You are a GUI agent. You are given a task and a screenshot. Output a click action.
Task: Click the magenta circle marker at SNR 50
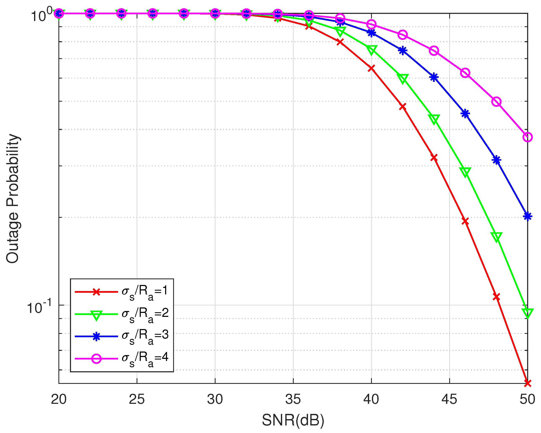click(x=528, y=137)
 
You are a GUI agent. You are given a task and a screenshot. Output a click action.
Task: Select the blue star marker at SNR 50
click(x=528, y=216)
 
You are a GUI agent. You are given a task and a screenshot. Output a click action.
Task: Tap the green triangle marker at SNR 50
click(x=528, y=313)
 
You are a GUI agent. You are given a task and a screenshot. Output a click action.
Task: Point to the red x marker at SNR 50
click(x=528, y=383)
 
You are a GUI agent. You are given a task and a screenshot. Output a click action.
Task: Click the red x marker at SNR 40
click(x=371, y=68)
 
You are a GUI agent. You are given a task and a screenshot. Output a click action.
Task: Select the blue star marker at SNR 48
click(x=496, y=160)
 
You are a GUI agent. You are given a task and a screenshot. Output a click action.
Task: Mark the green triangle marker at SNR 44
click(x=434, y=119)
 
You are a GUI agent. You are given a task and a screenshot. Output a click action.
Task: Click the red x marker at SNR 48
click(x=496, y=297)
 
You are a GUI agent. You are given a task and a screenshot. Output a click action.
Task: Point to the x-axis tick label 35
click(x=293, y=399)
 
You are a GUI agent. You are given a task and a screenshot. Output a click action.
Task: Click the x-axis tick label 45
click(x=449, y=399)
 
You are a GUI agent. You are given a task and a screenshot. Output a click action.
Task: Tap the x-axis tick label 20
click(x=59, y=399)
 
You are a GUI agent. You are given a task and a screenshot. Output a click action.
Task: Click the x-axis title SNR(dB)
click(x=293, y=420)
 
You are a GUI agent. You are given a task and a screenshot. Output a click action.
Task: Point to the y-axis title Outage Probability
click(x=13, y=198)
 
